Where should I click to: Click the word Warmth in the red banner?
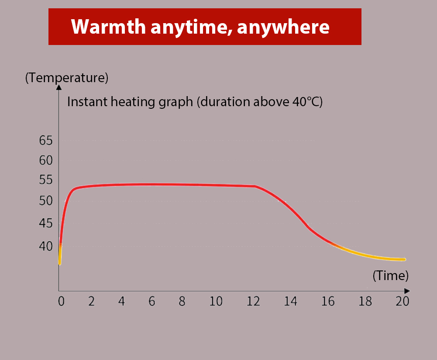(108, 27)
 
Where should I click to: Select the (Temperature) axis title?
(67, 78)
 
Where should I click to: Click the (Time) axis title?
(390, 276)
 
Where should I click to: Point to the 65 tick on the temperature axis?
(46, 140)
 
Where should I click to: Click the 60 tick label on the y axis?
(46, 160)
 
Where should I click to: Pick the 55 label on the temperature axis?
(46, 180)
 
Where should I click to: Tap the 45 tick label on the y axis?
(46, 223)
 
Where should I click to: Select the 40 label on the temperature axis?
(46, 246)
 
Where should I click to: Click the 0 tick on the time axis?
(61, 301)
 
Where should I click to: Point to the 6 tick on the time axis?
(151, 301)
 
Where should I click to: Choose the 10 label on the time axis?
(216, 301)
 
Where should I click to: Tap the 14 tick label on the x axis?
(291, 301)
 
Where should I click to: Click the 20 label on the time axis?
(403, 301)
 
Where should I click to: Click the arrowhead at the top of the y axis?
(59, 87)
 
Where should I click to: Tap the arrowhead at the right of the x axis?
(407, 291)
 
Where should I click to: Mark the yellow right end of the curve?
(404, 260)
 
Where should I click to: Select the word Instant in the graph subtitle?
(87, 102)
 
